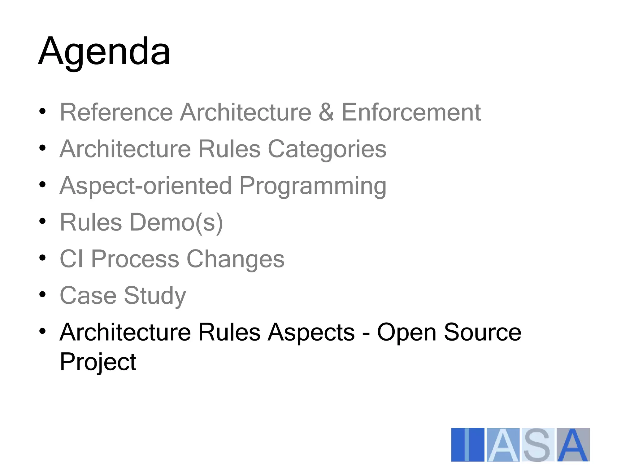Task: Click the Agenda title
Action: pos(104,51)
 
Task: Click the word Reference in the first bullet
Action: pos(116,112)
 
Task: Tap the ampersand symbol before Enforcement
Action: pos(326,112)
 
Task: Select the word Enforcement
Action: pos(411,112)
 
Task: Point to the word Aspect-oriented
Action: pos(145,186)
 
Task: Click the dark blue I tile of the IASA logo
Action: pos(467,445)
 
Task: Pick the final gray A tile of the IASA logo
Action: pos(573,445)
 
